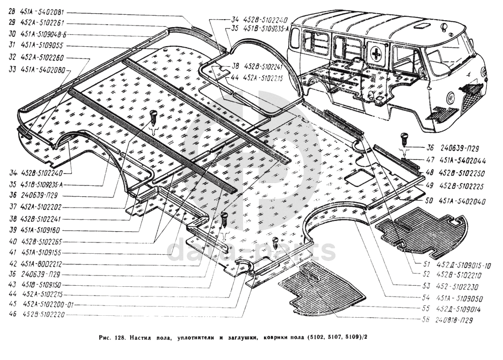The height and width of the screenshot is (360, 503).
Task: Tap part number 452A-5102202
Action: (x=44, y=207)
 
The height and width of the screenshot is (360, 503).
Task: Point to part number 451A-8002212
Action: (x=44, y=264)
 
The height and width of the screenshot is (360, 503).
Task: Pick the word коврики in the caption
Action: (x=278, y=338)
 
